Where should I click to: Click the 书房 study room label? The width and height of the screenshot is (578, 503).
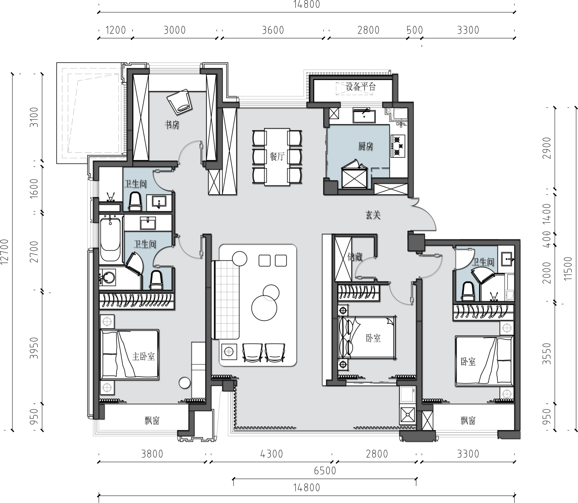[x=172, y=125]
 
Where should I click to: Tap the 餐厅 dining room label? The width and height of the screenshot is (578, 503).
[x=277, y=156]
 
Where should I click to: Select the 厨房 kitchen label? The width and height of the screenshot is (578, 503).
[x=366, y=146]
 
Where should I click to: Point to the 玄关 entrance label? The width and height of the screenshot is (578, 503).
[x=373, y=215]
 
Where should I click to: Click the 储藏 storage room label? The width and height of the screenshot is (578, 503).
[x=355, y=257]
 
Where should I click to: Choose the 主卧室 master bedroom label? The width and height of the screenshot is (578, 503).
[x=143, y=356]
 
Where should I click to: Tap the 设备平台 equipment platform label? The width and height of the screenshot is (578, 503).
[x=361, y=87]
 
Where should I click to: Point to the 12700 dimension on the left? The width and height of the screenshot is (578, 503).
[x=5, y=252]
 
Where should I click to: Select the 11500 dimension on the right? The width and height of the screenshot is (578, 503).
[x=568, y=268]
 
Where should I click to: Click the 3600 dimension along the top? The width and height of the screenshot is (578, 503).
[x=273, y=30]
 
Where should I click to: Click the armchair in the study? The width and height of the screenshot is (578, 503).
[x=180, y=102]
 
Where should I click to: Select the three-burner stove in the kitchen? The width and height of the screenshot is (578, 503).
[x=398, y=146]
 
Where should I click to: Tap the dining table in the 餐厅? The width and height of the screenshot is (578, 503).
[x=277, y=157]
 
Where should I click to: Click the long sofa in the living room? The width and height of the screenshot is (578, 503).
[x=225, y=299]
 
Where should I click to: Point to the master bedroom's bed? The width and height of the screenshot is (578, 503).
[x=129, y=354]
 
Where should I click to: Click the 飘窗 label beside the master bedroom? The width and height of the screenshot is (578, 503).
[x=152, y=421]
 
